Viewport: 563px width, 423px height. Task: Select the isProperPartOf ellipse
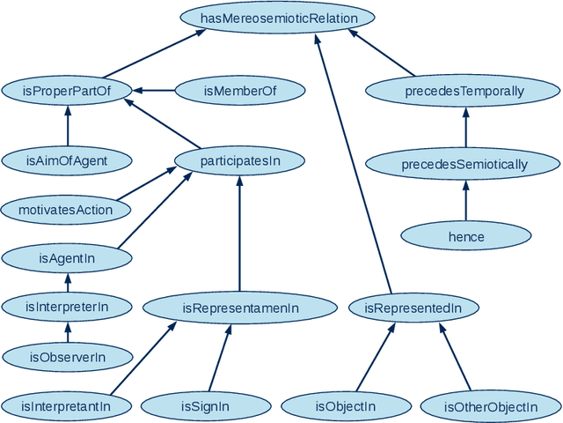67,90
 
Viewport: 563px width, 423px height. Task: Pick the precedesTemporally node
464,91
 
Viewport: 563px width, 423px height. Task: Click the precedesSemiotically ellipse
464,164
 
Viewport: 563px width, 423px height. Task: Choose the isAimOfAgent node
67,160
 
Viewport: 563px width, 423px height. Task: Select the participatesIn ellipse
240,160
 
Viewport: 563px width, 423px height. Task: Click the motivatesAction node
66,210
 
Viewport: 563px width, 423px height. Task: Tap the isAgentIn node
67,258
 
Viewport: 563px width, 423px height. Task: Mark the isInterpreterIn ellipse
67,308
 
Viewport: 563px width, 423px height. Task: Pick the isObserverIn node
67,357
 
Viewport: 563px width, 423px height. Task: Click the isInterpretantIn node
68,406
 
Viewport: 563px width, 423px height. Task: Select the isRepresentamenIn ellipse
240,308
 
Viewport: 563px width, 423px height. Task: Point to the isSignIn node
206,406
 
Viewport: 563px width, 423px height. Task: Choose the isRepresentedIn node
413,308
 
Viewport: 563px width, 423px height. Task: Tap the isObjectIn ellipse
346,406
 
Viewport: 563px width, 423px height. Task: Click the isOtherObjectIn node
491,406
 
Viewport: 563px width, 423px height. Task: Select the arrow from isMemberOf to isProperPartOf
155,90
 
